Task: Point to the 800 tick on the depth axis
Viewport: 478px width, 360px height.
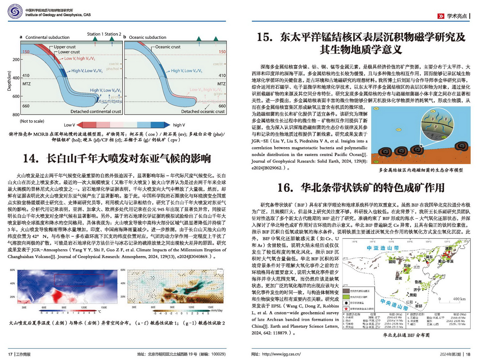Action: coord(16,114)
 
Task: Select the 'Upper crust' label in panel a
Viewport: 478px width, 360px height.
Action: coord(65,47)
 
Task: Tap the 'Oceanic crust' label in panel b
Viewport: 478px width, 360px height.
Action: coord(168,47)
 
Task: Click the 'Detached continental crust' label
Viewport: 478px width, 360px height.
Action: coord(96,112)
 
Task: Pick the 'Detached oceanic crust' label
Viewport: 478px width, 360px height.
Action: coord(203,112)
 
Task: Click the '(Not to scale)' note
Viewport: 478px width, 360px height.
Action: coord(32,121)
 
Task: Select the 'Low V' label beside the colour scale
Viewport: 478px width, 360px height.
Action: coord(69,125)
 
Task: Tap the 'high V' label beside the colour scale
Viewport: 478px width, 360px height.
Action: coord(179,125)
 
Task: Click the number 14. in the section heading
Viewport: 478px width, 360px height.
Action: coord(31,158)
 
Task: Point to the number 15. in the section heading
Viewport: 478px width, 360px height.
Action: coord(265,37)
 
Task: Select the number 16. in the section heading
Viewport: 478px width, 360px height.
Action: coord(285,188)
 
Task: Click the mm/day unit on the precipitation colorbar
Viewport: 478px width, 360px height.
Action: coord(217,310)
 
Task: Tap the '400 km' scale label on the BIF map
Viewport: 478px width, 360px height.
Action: coord(459,299)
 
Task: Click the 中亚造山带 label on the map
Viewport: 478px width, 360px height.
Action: coord(383,248)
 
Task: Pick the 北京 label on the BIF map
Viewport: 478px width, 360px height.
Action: coord(416,267)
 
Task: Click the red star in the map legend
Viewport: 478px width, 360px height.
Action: coord(346,309)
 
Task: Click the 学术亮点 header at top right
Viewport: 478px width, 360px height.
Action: coord(457,16)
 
